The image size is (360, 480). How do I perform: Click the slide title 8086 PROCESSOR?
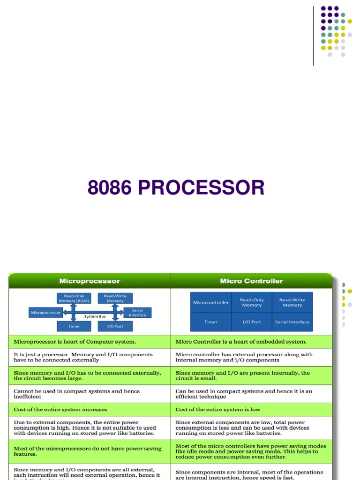[176, 188]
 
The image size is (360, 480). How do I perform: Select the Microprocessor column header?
[90, 281]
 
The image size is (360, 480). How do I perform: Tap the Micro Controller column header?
[251, 281]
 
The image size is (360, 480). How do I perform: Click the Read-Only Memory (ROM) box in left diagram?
[70, 298]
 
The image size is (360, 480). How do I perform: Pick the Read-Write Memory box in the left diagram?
[115, 298]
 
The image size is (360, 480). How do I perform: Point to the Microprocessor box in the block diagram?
[45, 312]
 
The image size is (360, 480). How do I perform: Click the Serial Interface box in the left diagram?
[137, 313]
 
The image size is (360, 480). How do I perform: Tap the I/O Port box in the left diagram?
[115, 326]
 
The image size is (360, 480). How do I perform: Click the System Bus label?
[95, 316]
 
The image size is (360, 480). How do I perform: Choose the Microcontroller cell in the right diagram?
[211, 302]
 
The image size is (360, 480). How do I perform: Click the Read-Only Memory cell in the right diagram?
[252, 302]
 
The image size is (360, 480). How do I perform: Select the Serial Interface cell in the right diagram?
[292, 322]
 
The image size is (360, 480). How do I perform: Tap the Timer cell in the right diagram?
[211, 322]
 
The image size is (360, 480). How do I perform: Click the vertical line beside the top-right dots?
[313, 35]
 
